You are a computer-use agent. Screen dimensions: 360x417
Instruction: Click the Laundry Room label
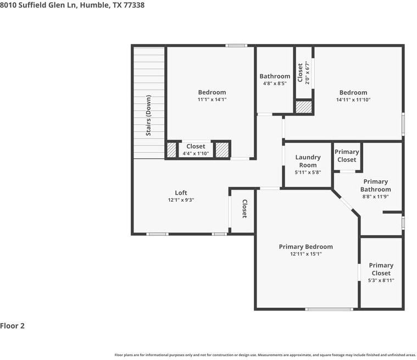tap(308, 161)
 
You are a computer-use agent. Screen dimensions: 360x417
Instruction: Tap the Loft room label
tap(181, 193)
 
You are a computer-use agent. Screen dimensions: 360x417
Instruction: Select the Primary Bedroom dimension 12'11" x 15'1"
tap(305, 254)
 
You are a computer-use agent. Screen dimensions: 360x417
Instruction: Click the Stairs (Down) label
tap(148, 116)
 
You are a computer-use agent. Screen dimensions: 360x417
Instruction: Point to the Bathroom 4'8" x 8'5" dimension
tap(275, 84)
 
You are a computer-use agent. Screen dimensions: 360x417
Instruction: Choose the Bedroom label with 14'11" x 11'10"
tap(353, 92)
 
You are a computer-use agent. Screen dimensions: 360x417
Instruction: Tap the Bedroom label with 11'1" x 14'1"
tap(212, 92)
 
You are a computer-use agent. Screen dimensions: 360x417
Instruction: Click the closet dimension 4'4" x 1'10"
tap(196, 153)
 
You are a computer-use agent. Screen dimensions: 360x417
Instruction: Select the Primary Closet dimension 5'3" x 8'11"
tap(381, 280)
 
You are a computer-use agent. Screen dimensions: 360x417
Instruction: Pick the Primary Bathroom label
tap(376, 185)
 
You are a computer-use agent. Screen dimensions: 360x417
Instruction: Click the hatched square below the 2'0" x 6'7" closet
tap(303, 107)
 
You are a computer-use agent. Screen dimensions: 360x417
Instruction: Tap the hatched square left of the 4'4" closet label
tap(172, 150)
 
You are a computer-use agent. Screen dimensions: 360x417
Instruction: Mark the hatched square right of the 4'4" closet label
tap(221, 150)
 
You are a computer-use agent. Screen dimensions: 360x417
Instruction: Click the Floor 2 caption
tap(13, 326)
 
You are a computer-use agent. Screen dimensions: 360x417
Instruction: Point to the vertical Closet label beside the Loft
tap(244, 209)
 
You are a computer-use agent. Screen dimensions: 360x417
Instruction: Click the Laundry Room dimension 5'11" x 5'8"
tap(308, 173)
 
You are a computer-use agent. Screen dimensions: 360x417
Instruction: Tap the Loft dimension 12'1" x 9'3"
tap(181, 200)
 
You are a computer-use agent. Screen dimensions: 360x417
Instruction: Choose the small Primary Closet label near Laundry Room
tap(347, 156)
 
